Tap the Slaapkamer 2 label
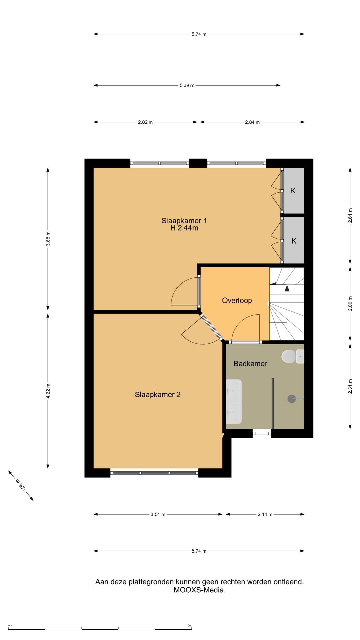(x=158, y=395)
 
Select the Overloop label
(x=237, y=300)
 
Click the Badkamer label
(x=250, y=364)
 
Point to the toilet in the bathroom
(x=289, y=356)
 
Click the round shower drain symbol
(x=292, y=399)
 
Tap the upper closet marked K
(x=293, y=191)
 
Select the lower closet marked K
(x=294, y=241)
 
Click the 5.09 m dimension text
(x=187, y=85)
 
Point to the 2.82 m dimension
(x=145, y=122)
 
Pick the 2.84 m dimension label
(x=252, y=122)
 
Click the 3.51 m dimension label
(x=158, y=514)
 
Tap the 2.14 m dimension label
(x=265, y=514)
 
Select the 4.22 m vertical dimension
(x=48, y=391)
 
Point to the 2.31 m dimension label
(x=350, y=386)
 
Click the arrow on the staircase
(x=287, y=288)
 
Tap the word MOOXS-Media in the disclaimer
(x=199, y=590)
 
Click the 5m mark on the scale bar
(x=189, y=626)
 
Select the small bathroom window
(x=262, y=433)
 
